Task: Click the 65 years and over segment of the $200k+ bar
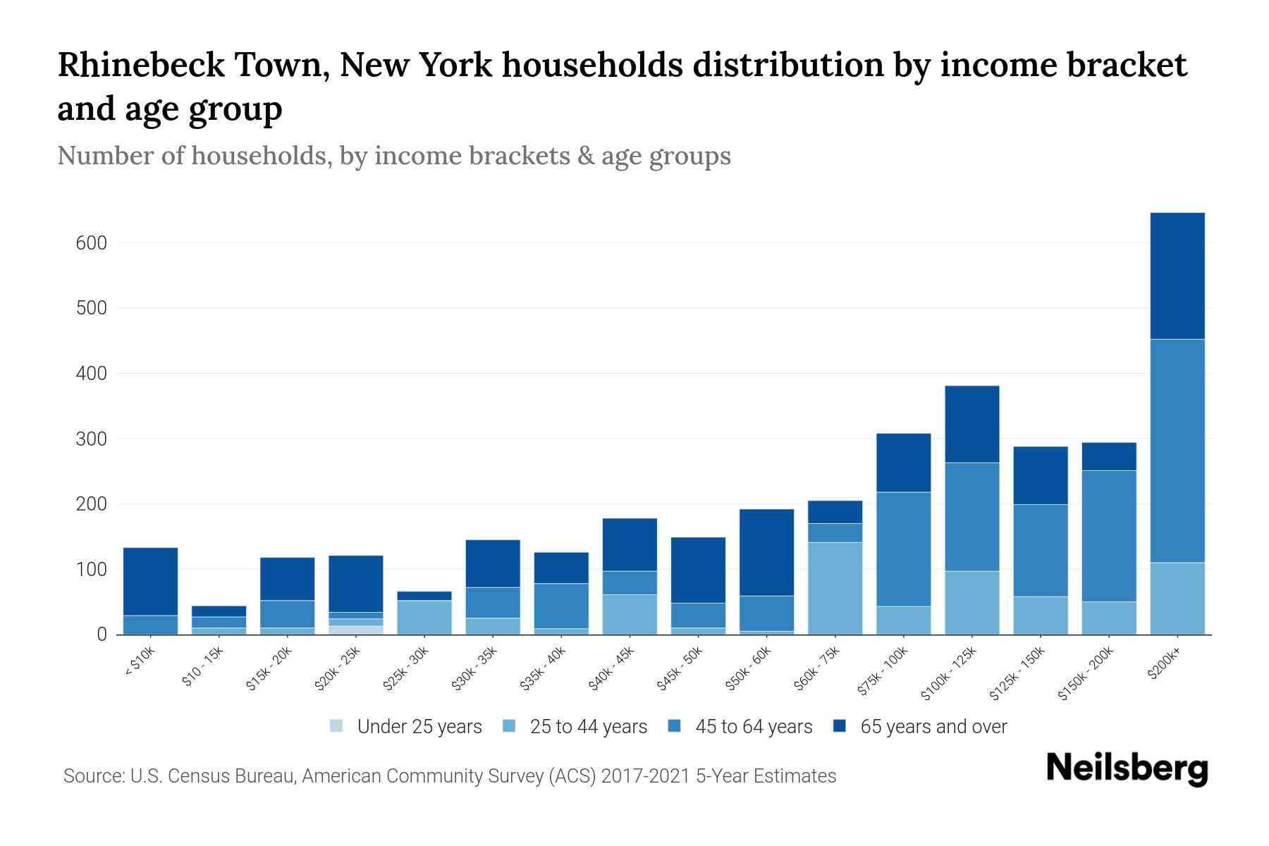pos(1177,276)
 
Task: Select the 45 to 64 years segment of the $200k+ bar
pos(1177,450)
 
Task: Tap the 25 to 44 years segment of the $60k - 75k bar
pos(835,588)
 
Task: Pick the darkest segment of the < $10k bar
pos(150,582)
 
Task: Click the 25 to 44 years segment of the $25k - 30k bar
pos(424,617)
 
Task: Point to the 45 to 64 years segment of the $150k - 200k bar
pos(1108,536)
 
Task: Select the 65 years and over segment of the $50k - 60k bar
pos(766,552)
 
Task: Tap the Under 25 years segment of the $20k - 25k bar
pos(356,630)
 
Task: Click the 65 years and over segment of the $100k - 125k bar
pos(971,424)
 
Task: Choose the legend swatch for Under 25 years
pos(336,725)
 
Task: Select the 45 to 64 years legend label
pos(753,727)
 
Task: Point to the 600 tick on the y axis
pos(91,243)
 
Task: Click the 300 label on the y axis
pos(91,439)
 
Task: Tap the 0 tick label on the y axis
pos(102,635)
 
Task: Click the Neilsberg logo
pos(1127,768)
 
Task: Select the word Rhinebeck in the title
pos(141,66)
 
